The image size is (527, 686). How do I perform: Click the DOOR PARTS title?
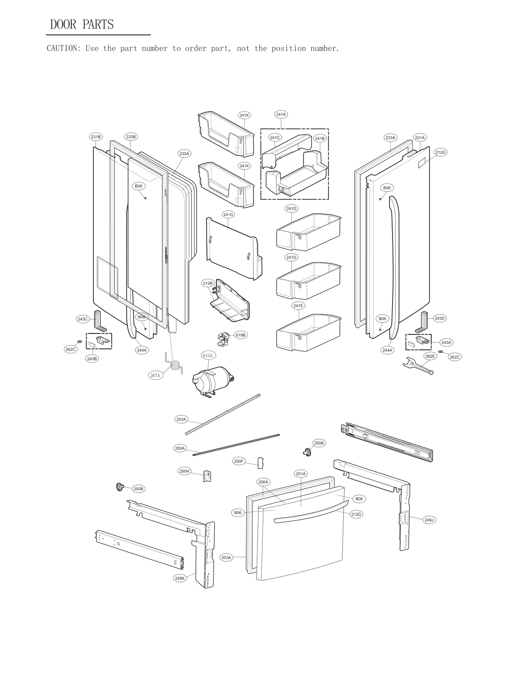82,24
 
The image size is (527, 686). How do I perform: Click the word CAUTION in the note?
63,48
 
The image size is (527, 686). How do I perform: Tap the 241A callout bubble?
281,114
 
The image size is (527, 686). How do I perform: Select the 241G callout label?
228,215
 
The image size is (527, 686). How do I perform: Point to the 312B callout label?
208,283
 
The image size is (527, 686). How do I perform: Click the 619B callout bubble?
240,335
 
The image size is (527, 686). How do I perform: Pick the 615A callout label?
208,356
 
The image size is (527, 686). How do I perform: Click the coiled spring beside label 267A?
174,365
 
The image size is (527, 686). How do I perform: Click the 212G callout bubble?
441,152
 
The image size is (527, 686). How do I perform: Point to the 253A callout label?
181,419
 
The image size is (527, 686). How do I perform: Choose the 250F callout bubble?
239,461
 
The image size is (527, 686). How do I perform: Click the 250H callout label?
184,471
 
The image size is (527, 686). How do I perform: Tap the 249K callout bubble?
180,578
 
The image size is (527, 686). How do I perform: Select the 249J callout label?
429,520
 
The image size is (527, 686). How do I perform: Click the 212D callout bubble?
356,514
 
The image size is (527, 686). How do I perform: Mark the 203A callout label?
227,557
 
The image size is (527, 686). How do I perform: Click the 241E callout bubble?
298,305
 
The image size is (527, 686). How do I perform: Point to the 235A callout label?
184,153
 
